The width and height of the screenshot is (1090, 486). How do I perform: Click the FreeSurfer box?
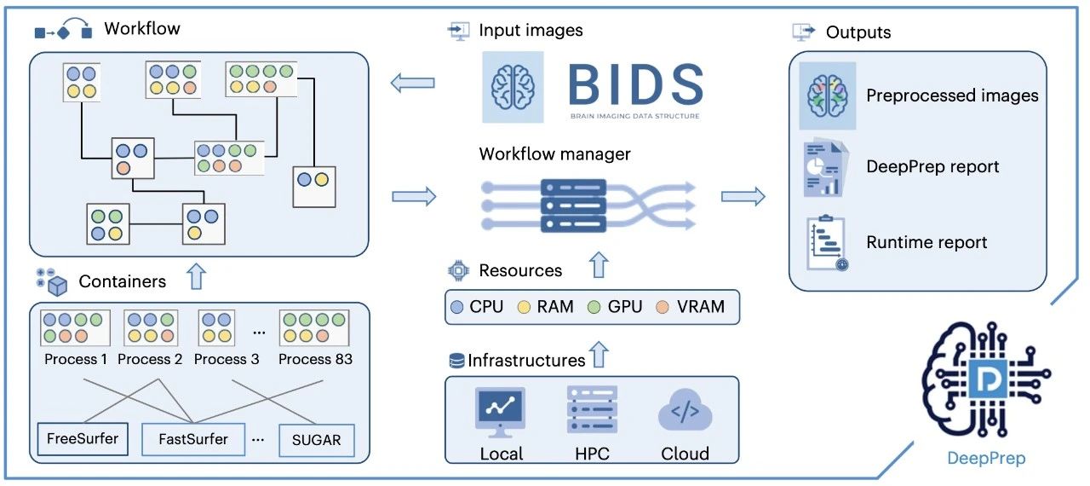pyautogui.click(x=83, y=440)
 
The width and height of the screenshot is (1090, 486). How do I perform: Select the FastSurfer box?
pyautogui.click(x=193, y=440)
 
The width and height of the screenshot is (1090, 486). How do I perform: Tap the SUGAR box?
pyautogui.click(x=316, y=440)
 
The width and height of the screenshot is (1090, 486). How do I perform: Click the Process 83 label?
pyautogui.click(x=315, y=359)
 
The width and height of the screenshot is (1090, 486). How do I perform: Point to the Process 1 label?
pyautogui.click(x=76, y=359)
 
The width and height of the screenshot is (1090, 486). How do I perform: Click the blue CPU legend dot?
pyautogui.click(x=458, y=307)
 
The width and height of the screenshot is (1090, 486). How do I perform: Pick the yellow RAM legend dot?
pyautogui.click(x=525, y=307)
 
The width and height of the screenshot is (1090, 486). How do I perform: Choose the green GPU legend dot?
pyautogui.click(x=594, y=307)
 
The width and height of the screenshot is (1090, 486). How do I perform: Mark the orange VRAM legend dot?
pyautogui.click(x=663, y=307)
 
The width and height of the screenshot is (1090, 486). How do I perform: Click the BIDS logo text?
pyautogui.click(x=635, y=84)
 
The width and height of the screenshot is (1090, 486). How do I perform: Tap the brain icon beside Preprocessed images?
pyautogui.click(x=827, y=95)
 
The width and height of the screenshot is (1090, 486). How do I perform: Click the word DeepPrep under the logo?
pyautogui.click(x=986, y=458)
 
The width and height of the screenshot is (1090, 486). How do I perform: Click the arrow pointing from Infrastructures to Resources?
pyautogui.click(x=599, y=353)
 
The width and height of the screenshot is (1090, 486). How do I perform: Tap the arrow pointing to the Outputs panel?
pyautogui.click(x=743, y=197)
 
